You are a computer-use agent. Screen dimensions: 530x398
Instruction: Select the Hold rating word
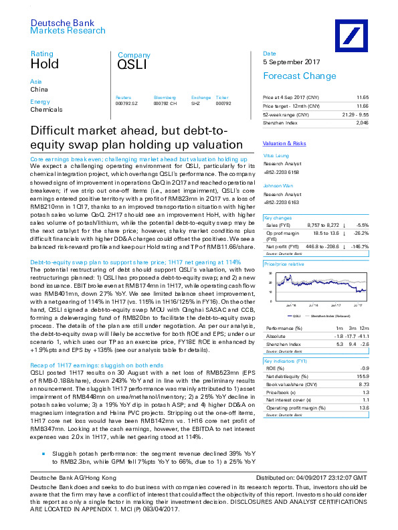[x=45, y=64]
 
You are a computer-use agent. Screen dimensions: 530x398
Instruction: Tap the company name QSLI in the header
[x=132, y=65]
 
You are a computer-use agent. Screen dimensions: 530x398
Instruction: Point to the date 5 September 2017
[x=290, y=62]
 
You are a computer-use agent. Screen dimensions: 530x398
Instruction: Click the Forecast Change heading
[x=294, y=76]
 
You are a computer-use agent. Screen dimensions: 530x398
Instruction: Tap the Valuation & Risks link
[x=284, y=144]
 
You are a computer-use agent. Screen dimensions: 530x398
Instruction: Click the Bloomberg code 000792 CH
[x=164, y=103]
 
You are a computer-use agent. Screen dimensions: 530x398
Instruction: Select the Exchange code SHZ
[x=196, y=103]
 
